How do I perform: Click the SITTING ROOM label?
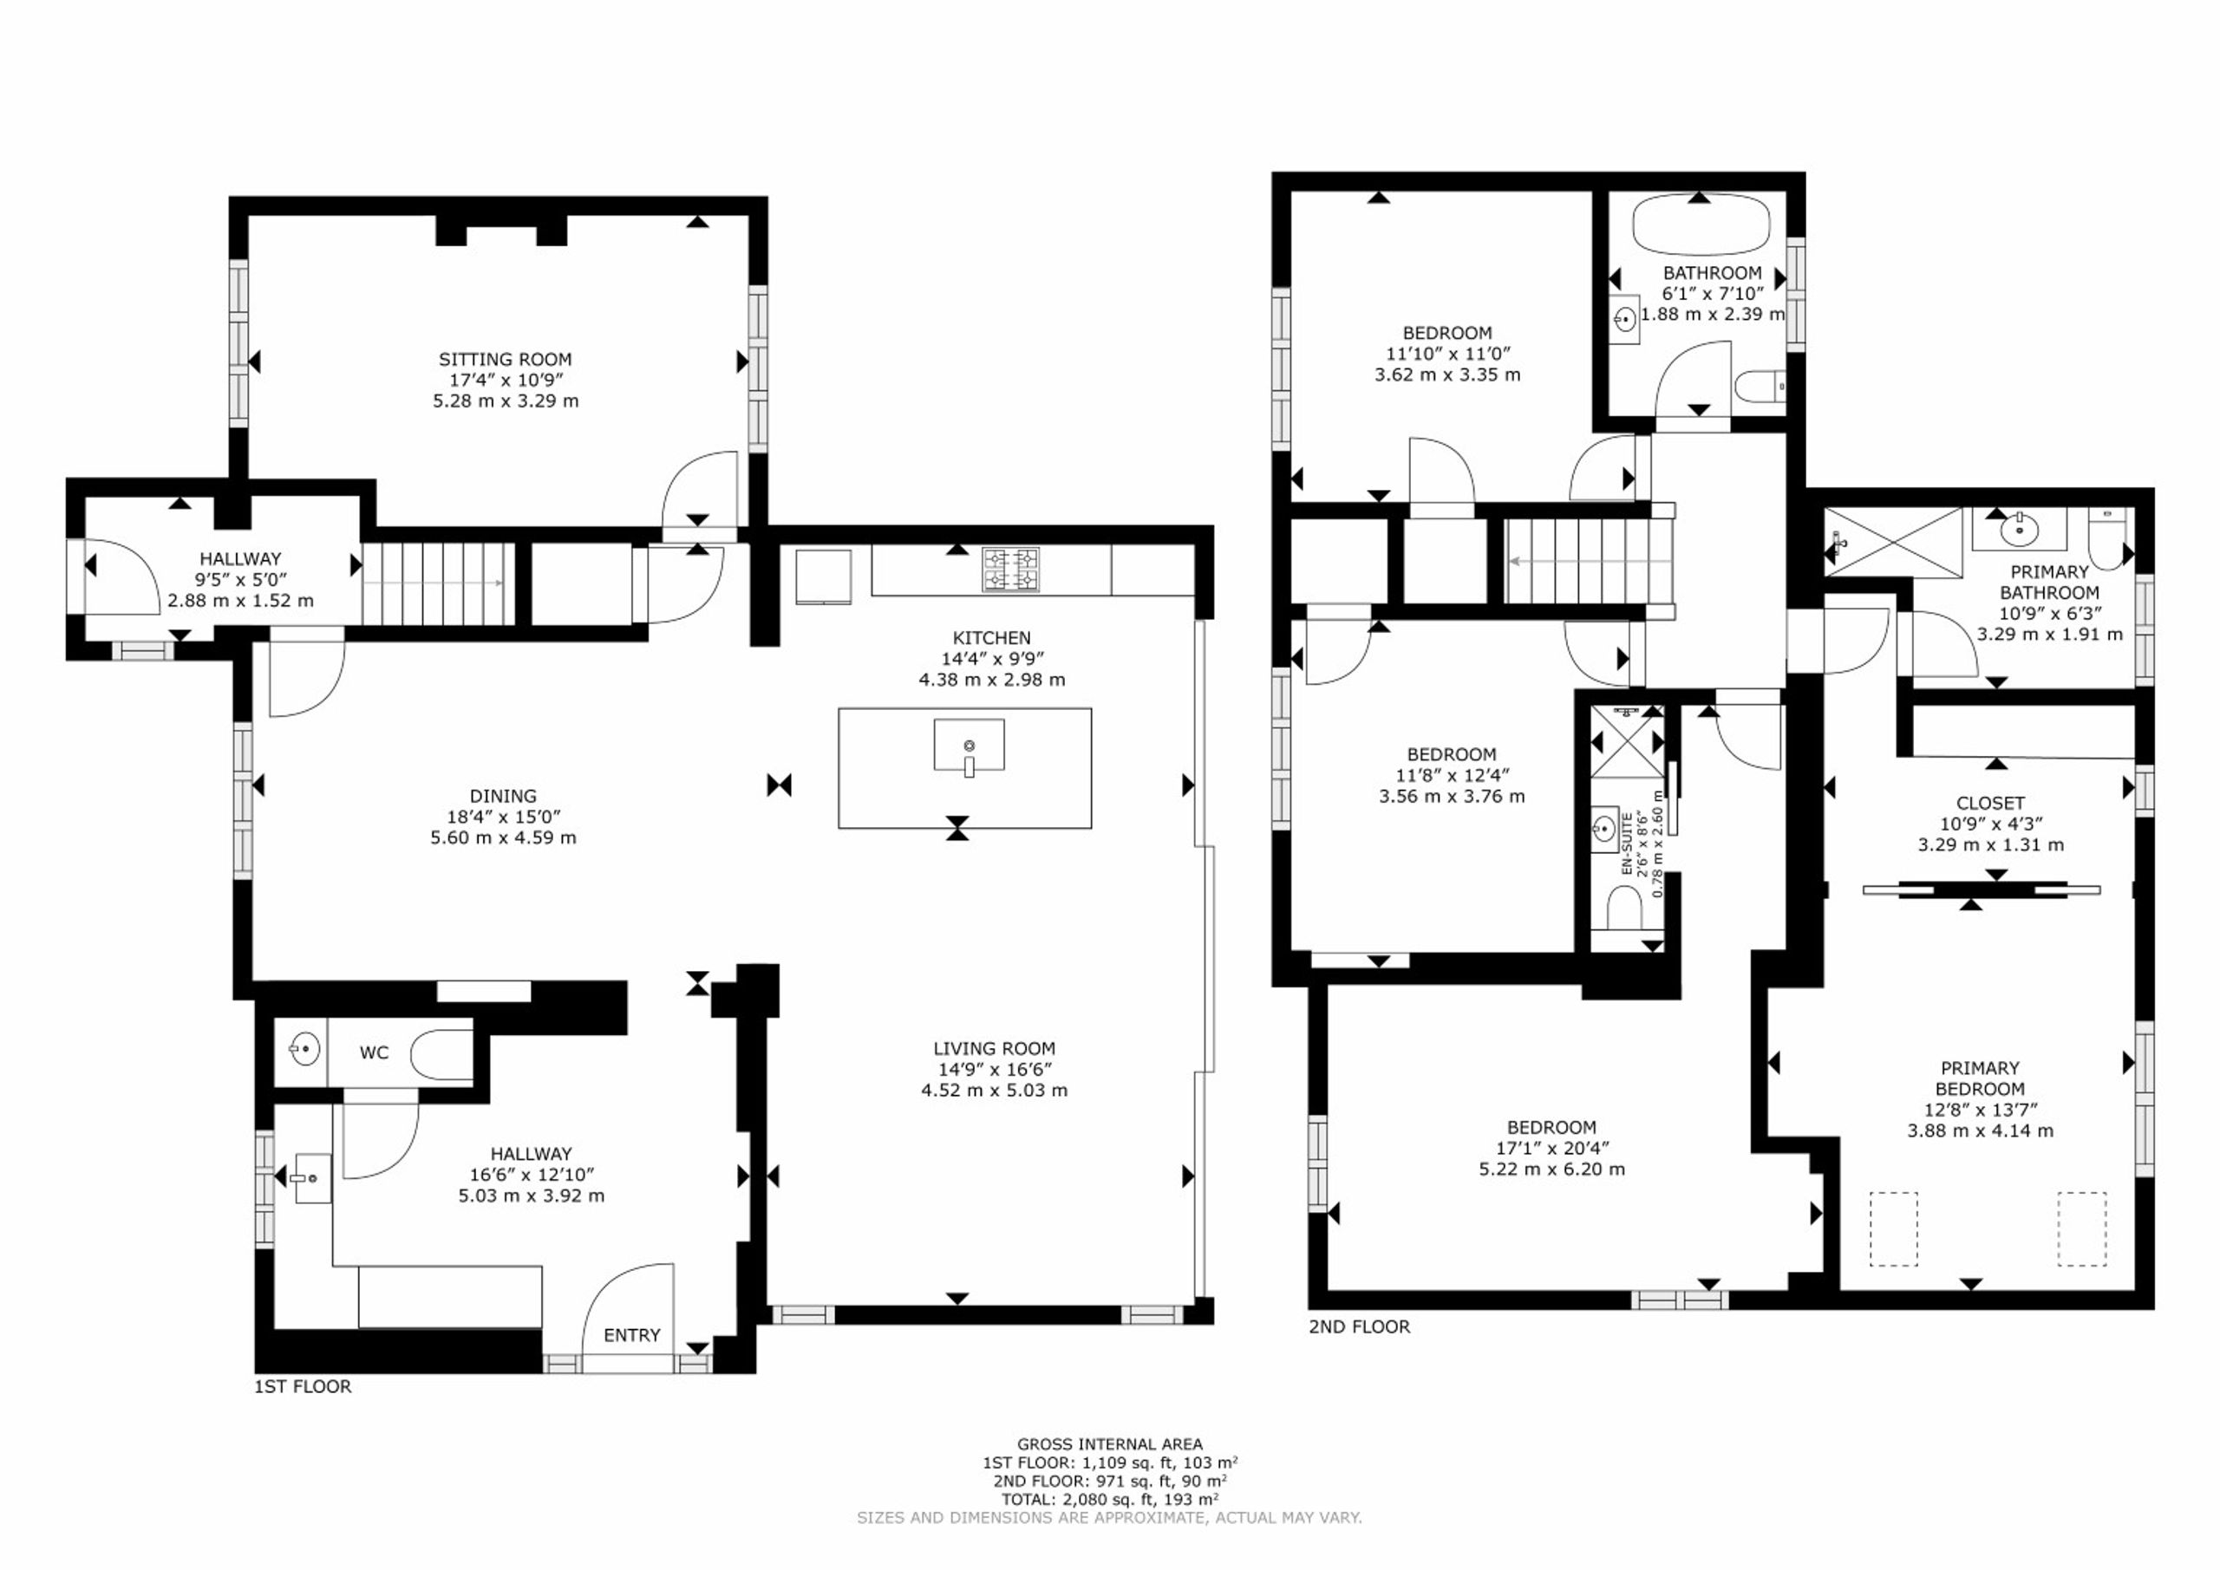tap(505, 360)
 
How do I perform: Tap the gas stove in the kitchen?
tap(1011, 570)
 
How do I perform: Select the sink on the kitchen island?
tap(969, 746)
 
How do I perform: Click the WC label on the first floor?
tap(374, 1052)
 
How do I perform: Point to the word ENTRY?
tap(631, 1335)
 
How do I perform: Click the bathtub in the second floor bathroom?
tap(1701, 225)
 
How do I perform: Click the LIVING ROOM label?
tap(994, 1048)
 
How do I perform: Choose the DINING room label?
tap(503, 797)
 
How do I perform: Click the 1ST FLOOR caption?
tap(303, 1386)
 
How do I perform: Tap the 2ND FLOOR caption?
tap(1360, 1326)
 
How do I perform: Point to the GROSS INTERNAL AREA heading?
tap(1110, 1444)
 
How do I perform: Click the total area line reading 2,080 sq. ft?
tap(1110, 1500)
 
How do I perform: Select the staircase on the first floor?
tap(438, 583)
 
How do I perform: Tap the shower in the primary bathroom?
tap(1893, 544)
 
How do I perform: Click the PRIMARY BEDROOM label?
tap(1980, 1078)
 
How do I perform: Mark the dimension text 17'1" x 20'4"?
tap(1552, 1149)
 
